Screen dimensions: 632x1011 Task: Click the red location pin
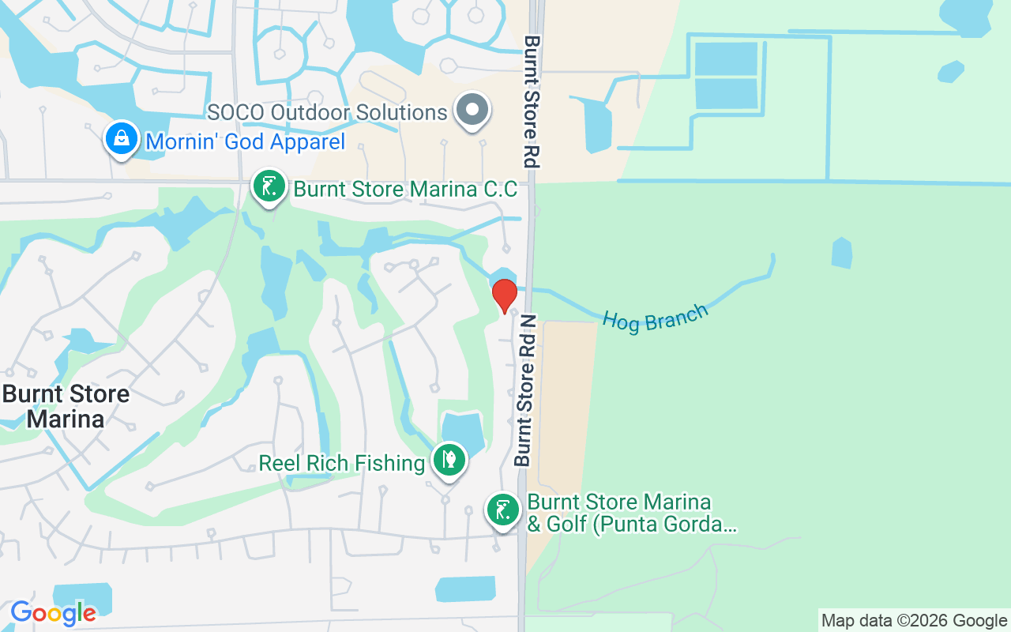(504, 295)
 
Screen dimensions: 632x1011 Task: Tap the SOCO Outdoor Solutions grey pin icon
(473, 110)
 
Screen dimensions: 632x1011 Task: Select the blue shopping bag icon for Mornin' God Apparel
(122, 138)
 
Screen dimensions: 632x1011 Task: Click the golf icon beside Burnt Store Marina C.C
(269, 187)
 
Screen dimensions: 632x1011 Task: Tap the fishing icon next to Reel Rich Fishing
(449, 460)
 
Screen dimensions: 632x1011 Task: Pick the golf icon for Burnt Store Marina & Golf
(502, 510)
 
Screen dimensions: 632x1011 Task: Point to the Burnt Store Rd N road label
(525, 390)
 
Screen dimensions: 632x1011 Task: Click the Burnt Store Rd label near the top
(532, 101)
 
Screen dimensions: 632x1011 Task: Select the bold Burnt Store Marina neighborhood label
(66, 406)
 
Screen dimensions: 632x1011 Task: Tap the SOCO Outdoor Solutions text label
(328, 112)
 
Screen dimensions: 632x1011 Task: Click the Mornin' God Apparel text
(246, 142)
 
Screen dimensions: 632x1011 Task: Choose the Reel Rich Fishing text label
(342, 463)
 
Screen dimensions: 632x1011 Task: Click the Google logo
(53, 612)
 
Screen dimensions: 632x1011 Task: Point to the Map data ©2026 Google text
(914, 620)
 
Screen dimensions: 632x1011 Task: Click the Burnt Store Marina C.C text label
(405, 190)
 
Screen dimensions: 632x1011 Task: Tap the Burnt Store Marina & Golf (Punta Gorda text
(632, 513)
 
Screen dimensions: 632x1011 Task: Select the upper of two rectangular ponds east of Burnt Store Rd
(725, 58)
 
